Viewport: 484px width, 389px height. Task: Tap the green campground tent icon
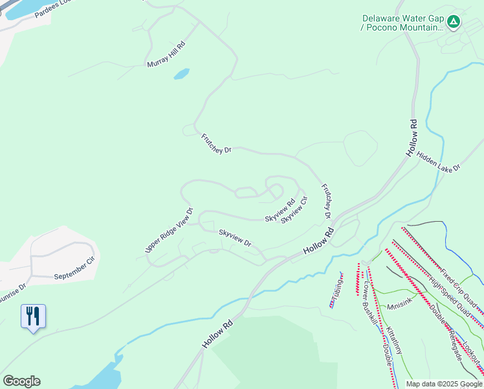pyautogui.click(x=454, y=22)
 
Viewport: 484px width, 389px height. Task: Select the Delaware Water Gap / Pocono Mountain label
pyautogui.click(x=402, y=23)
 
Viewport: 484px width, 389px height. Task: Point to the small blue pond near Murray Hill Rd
pyautogui.click(x=182, y=74)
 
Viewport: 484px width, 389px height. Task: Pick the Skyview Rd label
pyautogui.click(x=280, y=211)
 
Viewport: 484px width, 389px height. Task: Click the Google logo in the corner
pyautogui.click(x=21, y=381)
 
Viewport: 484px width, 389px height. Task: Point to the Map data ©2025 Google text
pyautogui.click(x=444, y=384)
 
